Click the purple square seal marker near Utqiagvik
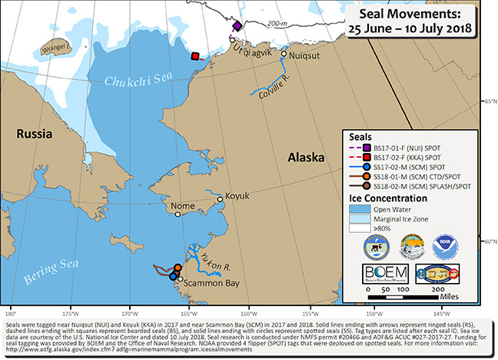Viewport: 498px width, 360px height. (237, 26)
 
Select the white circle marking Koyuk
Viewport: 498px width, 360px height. (221, 199)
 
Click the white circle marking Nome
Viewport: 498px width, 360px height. (178, 215)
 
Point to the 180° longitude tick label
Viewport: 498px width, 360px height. (11, 313)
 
